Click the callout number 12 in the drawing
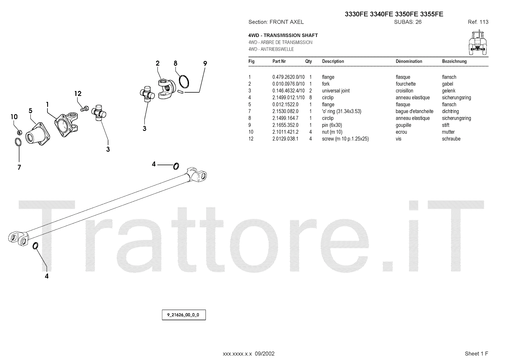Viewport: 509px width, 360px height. pyautogui.click(x=78, y=94)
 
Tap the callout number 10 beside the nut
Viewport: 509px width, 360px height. pyautogui.click(x=14, y=117)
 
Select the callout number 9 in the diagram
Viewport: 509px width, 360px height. pyautogui.click(x=205, y=64)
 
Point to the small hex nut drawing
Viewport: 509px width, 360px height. pyautogui.click(x=19, y=131)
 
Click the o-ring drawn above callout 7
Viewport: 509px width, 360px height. pyautogui.click(x=18, y=142)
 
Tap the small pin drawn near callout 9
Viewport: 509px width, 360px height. pyautogui.click(x=180, y=92)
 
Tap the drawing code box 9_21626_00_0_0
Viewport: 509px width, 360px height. pyautogui.click(x=184, y=315)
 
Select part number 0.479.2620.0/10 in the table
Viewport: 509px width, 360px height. pyautogui.click(x=288, y=77)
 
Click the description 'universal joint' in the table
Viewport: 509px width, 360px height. pyautogui.click(x=336, y=91)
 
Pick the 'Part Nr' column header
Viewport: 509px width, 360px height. pyautogui.click(x=279, y=61)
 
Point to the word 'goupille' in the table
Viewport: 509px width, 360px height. pyautogui.click(x=403, y=125)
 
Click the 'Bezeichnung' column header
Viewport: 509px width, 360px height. pyautogui.click(x=454, y=61)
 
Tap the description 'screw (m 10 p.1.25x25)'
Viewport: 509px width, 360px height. pyautogui.click(x=345, y=139)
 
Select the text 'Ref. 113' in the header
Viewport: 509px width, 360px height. pyautogui.click(x=478, y=22)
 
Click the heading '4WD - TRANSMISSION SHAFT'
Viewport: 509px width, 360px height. pyautogui.click(x=283, y=35)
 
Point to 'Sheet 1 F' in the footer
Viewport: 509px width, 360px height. pyautogui.click(x=476, y=354)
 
